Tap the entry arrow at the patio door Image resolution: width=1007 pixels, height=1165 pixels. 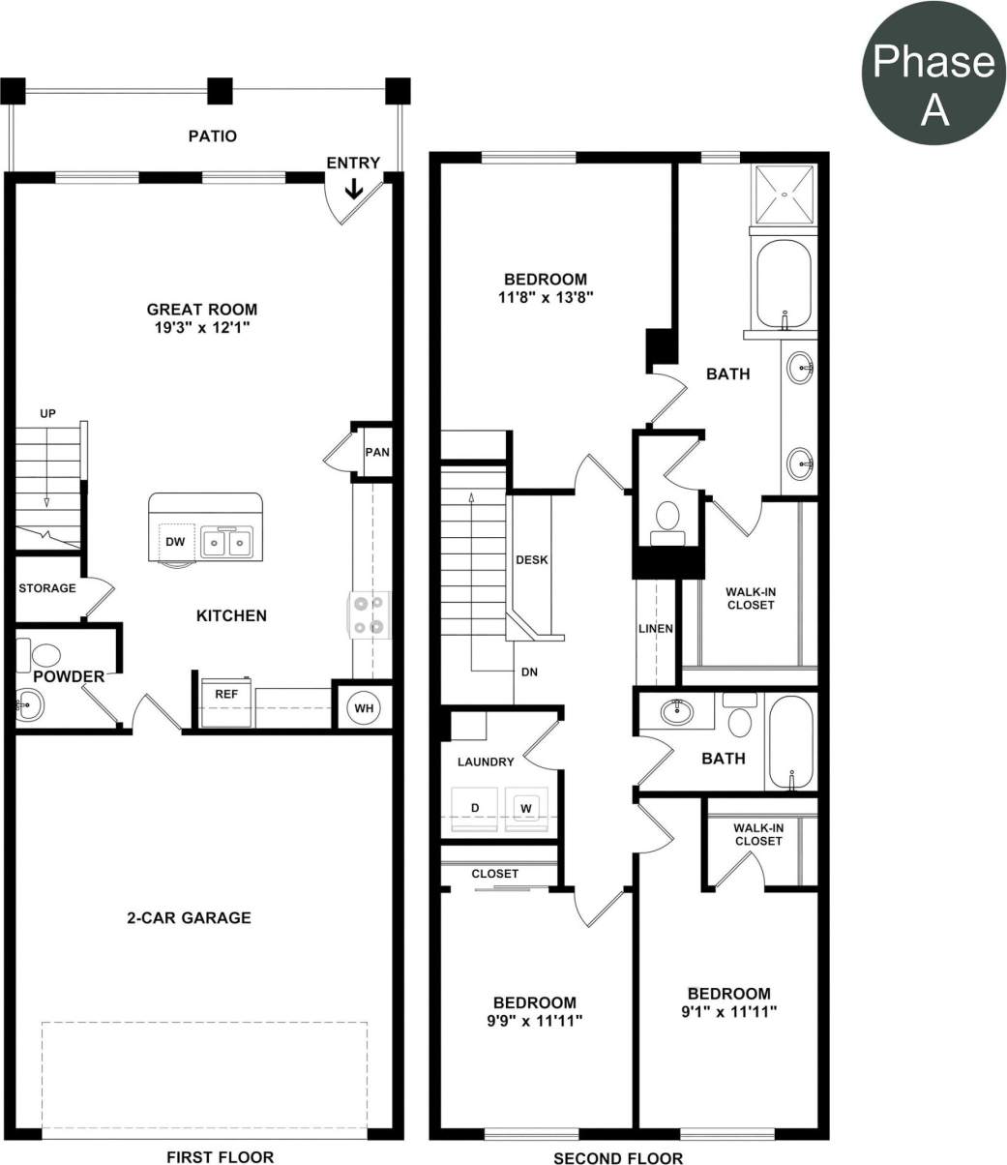(x=354, y=188)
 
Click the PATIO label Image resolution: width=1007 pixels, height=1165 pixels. (x=212, y=136)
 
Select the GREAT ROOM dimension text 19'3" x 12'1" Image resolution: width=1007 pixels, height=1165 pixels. (x=202, y=328)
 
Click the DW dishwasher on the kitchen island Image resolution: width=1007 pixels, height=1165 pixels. (x=175, y=542)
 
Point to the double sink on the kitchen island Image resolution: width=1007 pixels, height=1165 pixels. (x=227, y=543)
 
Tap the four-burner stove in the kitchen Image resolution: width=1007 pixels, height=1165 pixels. (x=370, y=615)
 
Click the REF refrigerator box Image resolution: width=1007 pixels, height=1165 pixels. (x=226, y=695)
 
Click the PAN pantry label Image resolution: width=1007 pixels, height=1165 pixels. (x=377, y=453)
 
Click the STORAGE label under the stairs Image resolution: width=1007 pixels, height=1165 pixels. (x=47, y=588)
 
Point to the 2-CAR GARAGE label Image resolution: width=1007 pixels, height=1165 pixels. (x=189, y=917)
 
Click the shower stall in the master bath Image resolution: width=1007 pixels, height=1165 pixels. (x=785, y=195)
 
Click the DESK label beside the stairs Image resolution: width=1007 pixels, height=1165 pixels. (x=532, y=560)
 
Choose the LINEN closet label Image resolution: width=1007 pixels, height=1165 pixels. (x=656, y=629)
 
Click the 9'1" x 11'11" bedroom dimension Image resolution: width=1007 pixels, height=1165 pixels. (x=729, y=1011)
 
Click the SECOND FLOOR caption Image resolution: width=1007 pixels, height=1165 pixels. (x=618, y=1157)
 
